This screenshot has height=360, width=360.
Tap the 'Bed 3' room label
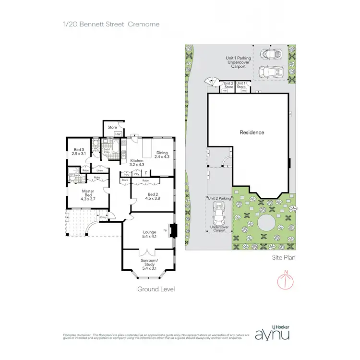pos(78,151)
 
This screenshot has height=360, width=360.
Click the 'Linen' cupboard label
pos(100,170)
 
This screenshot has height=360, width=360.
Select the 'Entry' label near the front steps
pos(103,217)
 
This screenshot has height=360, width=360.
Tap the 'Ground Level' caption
pos(156,289)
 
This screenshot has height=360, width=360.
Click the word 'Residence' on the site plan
pos(252,132)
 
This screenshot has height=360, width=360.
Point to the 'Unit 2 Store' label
pos(228,85)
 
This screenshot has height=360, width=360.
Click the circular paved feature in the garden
pos(265,224)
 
